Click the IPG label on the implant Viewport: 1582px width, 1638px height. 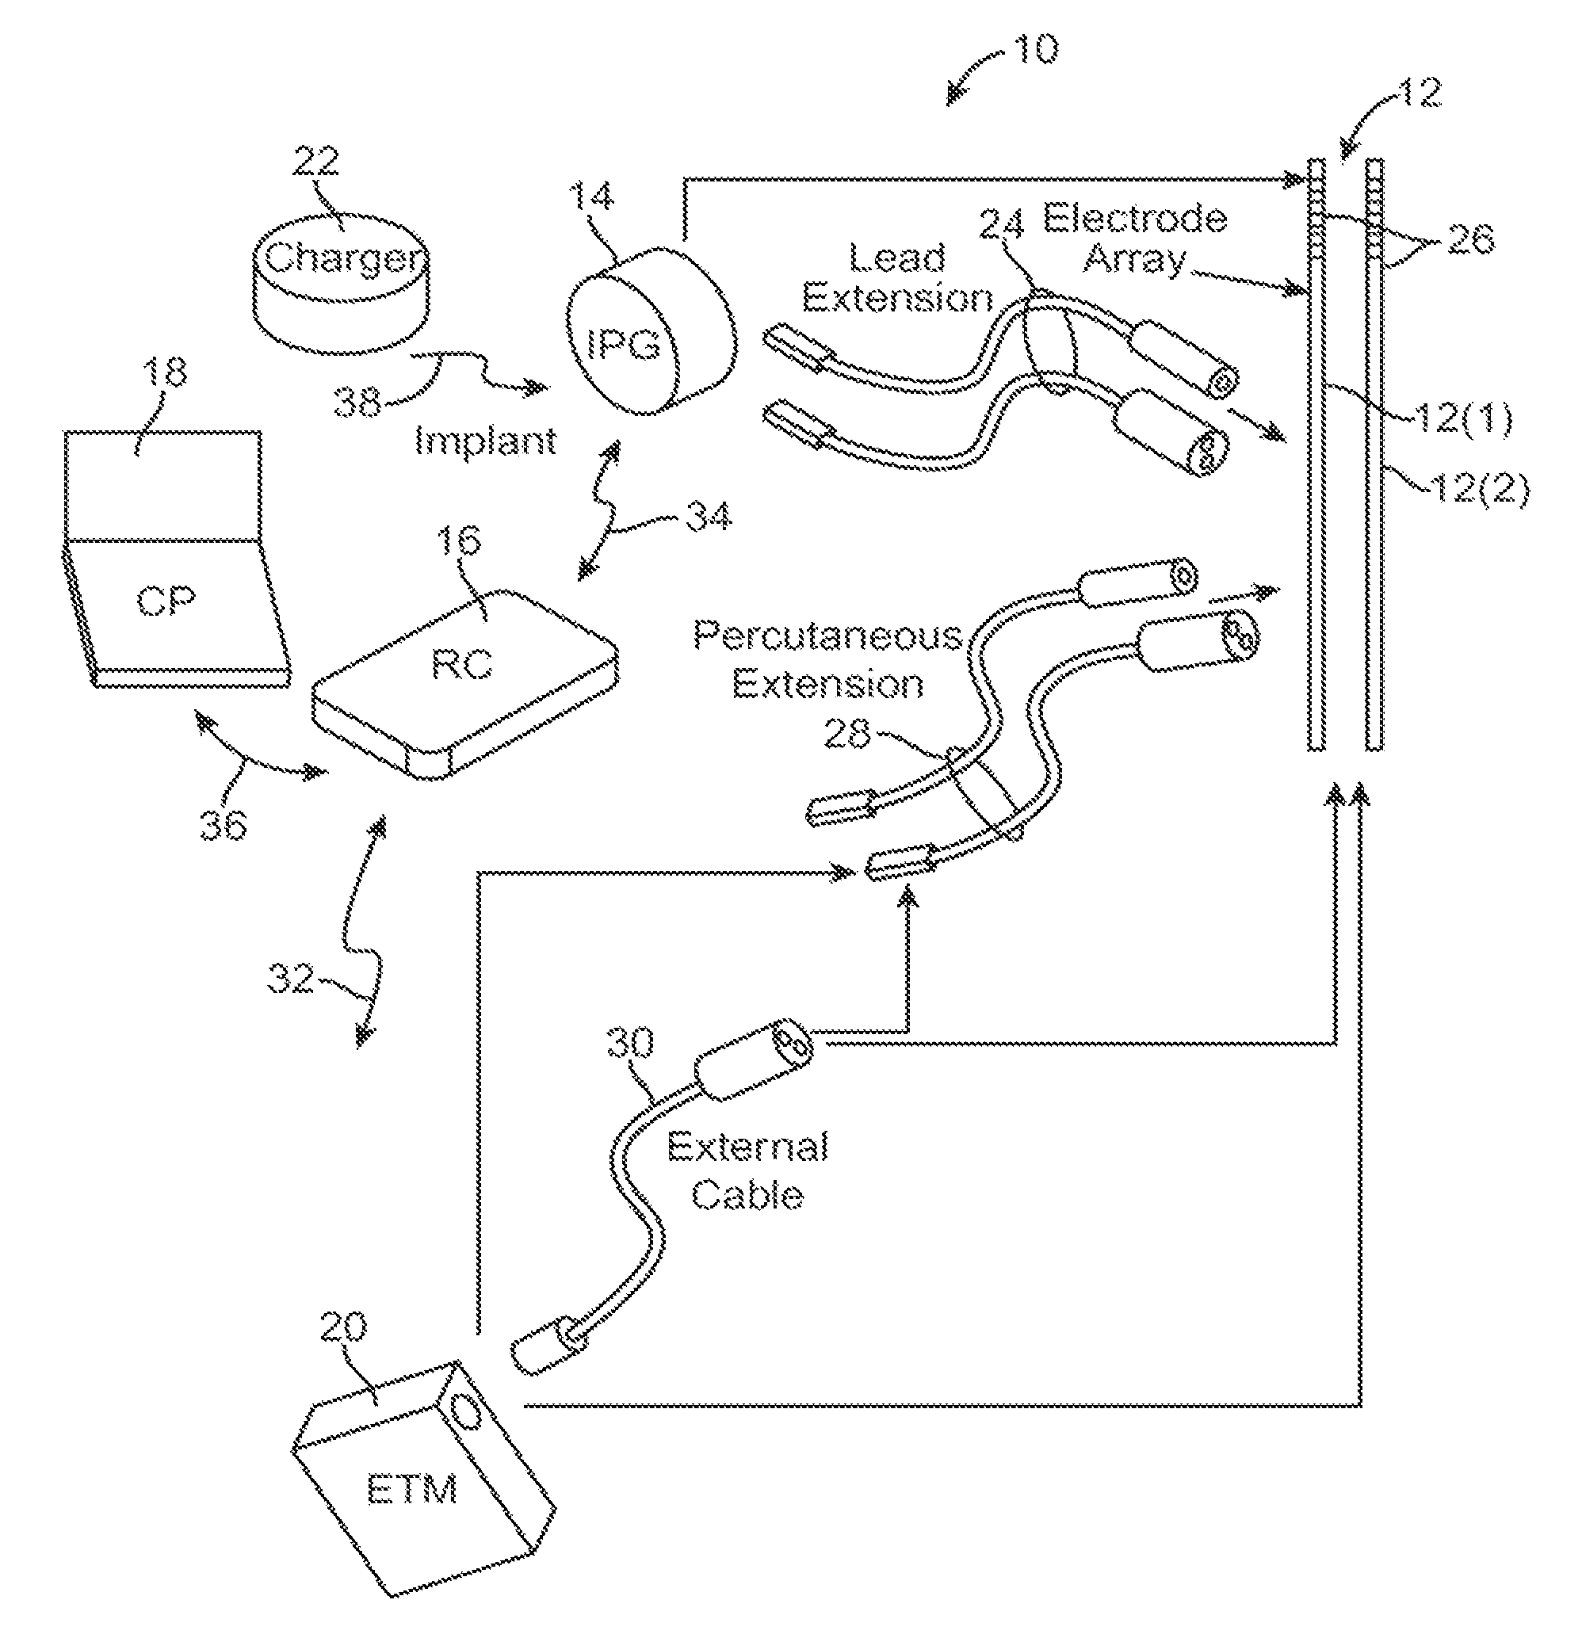coord(624,343)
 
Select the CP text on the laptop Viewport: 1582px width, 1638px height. coord(166,601)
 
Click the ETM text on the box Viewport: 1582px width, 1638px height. coord(413,1488)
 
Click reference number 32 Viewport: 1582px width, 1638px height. coord(291,978)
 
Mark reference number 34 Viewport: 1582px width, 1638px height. coord(709,517)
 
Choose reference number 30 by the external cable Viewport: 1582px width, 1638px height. coord(630,1043)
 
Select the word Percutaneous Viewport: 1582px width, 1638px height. coord(827,636)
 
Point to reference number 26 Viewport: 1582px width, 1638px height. coord(1470,241)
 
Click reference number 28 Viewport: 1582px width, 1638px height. coord(847,734)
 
